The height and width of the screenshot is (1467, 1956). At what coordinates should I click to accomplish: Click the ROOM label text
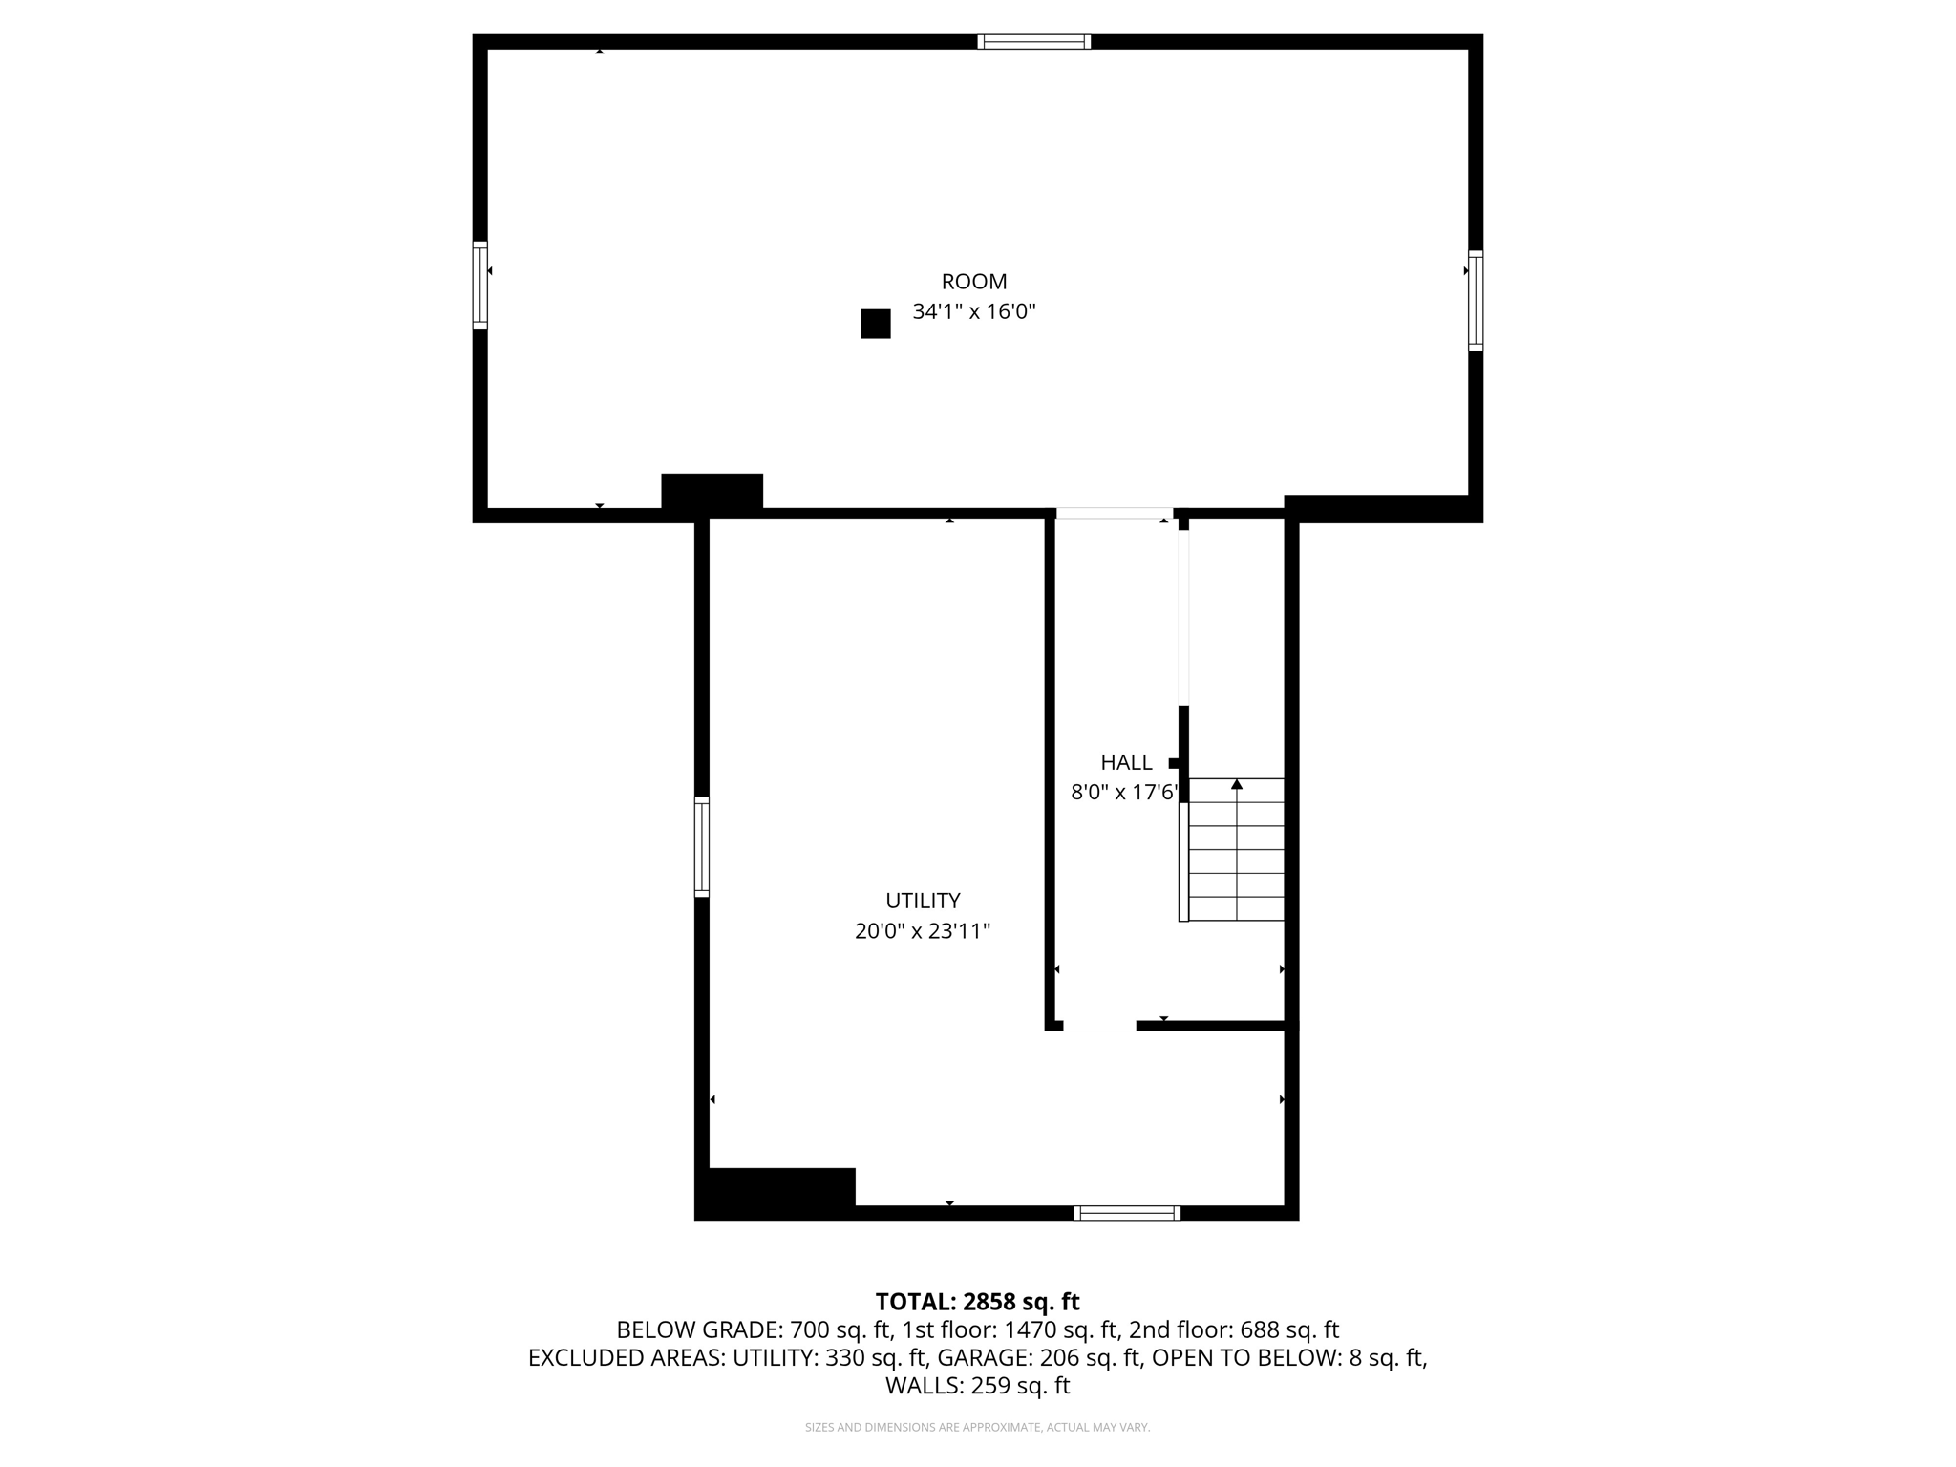[974, 282]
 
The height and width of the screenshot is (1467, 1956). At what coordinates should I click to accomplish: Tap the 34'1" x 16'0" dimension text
[974, 311]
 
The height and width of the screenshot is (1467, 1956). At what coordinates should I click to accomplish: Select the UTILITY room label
[923, 901]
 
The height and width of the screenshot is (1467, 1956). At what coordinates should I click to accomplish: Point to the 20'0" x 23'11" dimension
[923, 931]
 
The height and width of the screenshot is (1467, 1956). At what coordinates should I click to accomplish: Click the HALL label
[1126, 762]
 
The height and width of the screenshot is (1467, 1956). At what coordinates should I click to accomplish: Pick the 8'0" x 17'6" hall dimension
[1125, 792]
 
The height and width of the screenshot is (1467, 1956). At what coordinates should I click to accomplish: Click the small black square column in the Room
[876, 324]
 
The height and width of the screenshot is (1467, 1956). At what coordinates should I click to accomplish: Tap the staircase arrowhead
[1237, 784]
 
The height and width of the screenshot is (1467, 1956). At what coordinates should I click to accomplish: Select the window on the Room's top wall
[1034, 42]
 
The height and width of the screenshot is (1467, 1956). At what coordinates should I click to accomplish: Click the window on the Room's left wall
[480, 285]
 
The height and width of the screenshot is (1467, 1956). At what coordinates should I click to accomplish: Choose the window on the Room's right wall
[1476, 300]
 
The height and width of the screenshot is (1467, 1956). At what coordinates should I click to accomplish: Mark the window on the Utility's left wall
[702, 846]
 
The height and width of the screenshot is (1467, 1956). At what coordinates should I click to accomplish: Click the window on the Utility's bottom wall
[1127, 1213]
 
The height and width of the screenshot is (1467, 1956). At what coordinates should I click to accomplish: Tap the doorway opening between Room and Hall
[1114, 514]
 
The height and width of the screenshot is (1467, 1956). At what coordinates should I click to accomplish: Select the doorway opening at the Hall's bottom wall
[1099, 1026]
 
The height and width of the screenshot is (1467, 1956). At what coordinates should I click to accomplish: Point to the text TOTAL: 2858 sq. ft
[977, 1302]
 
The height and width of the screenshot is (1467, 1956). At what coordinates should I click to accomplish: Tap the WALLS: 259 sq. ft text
[977, 1386]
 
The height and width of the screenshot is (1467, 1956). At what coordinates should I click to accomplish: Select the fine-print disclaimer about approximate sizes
[977, 1428]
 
